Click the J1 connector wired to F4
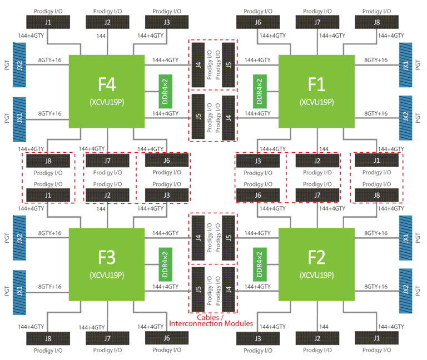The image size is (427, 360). point(48,22)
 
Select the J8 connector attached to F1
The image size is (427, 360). point(376,22)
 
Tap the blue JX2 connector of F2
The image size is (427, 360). point(405,291)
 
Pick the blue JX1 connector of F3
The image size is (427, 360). point(19,292)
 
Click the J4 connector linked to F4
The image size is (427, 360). point(198,65)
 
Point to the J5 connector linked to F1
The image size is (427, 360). point(229,65)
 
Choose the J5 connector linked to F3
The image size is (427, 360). point(198,289)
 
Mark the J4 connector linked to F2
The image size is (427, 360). point(229,289)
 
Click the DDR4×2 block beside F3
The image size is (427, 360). point(165,264)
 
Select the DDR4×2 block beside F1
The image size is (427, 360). point(260,92)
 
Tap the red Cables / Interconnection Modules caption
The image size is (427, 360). point(211,321)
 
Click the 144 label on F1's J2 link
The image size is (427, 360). point(324,149)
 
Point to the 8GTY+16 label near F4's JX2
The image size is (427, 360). point(49,60)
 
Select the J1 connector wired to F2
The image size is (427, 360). point(376,338)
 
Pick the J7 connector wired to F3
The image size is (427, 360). point(107,338)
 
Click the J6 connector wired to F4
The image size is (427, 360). point(167,160)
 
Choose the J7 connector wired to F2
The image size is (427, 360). point(317,195)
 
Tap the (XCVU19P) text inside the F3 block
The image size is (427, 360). point(107,275)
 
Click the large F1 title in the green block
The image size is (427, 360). point(316,84)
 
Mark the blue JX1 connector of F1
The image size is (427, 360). point(405,65)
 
